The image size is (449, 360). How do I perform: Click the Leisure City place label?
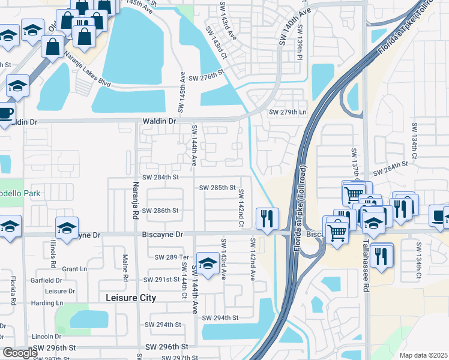coord(131,298)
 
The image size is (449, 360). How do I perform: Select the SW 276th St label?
coord(206,78)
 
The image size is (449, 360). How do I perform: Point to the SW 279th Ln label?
coord(288,112)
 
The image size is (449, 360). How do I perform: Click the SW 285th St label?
coord(217,187)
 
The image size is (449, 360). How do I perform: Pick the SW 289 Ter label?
coord(172,257)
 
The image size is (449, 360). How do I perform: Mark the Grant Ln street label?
coord(75,269)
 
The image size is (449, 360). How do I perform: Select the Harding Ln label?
coord(47,303)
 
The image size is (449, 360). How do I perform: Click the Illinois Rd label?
coord(53,254)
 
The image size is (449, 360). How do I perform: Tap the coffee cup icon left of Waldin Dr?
coord(5,112)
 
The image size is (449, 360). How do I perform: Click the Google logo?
coord(20,353)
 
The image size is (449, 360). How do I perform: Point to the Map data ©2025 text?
coord(423,355)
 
